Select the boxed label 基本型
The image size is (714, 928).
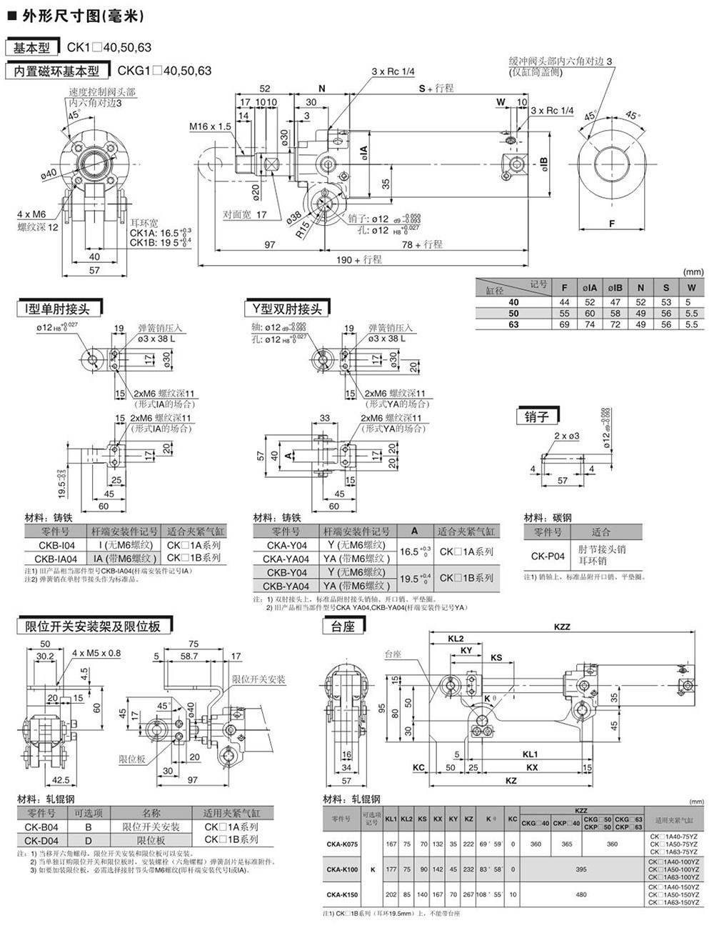point(34,49)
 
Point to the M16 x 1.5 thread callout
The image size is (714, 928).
point(210,126)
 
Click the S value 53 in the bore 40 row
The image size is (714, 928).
point(666,302)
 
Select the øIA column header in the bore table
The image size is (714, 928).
point(589,288)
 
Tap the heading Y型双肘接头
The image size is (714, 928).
point(286,309)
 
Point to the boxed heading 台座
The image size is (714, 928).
point(343,627)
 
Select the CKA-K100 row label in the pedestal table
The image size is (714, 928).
point(342,869)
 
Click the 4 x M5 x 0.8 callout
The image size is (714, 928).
point(97,653)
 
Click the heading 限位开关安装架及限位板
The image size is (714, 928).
point(93,627)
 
